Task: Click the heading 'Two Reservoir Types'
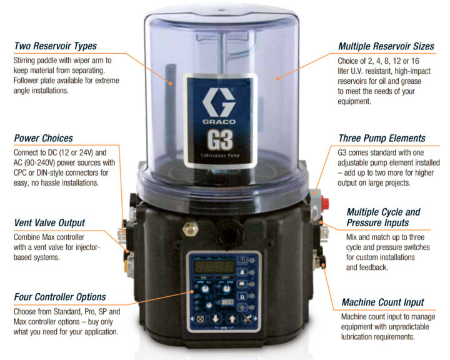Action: point(56,46)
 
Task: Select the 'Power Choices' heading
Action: point(43,138)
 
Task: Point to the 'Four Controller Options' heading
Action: point(60,297)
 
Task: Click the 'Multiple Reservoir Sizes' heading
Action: point(385,46)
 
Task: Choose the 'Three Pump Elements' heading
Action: point(382,138)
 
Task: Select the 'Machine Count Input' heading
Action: point(382,302)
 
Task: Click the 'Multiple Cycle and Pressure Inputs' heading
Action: point(383,217)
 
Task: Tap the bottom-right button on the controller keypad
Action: point(249,318)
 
